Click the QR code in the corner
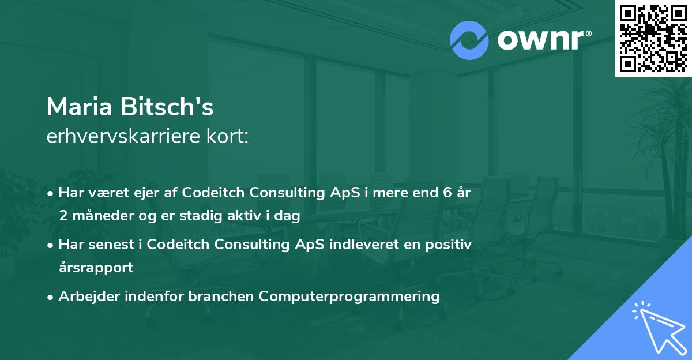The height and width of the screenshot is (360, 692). (x=653, y=39)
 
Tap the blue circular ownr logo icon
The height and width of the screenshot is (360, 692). (x=469, y=40)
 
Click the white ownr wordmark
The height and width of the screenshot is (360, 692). (x=544, y=40)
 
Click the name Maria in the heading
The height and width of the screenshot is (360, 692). (x=79, y=107)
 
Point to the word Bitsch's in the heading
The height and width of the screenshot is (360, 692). (x=167, y=106)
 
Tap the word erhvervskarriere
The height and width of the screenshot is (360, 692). (x=123, y=136)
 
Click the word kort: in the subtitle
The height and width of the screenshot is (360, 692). (x=227, y=136)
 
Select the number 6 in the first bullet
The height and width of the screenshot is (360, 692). (x=447, y=193)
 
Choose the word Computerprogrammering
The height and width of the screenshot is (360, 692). (x=349, y=297)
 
